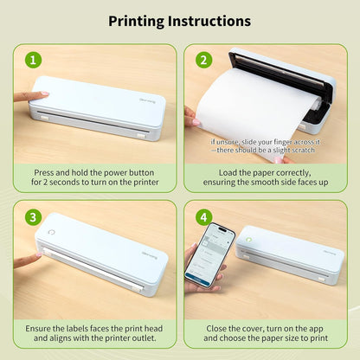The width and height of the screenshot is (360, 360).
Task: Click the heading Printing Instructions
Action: tap(180, 20)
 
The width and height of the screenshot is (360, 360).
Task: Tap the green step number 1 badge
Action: tap(32, 60)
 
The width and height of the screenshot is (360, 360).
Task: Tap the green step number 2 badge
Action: tap(202, 60)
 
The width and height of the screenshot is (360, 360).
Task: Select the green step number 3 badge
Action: tap(32, 216)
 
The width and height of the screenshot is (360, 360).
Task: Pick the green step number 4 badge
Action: tap(202, 216)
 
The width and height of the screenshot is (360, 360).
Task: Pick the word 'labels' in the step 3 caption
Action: tap(80, 329)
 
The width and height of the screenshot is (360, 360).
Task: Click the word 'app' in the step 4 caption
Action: tap(311, 329)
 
